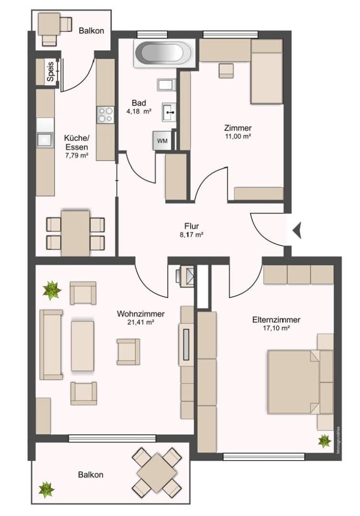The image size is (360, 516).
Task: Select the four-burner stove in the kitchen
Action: pos(106,115)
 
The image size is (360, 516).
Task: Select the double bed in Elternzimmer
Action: pos(293,382)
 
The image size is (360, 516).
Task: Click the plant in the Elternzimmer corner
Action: pos(325,441)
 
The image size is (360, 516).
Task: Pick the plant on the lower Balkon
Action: pos(46,489)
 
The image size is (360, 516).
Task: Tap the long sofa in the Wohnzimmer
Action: pos(51,344)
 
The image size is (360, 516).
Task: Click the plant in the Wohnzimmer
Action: pos(51,290)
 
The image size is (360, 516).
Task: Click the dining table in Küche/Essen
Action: pos(76,233)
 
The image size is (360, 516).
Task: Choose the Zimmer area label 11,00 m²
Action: pos(238,136)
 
